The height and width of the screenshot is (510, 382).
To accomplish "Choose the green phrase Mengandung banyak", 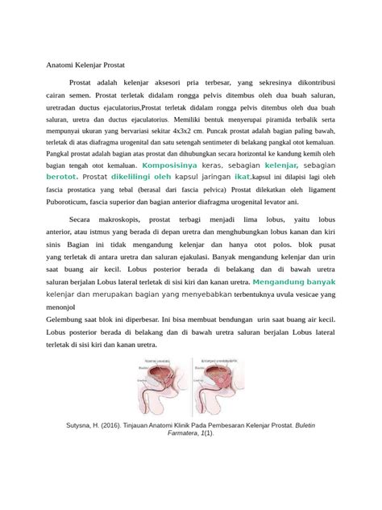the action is (x=293, y=282).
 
